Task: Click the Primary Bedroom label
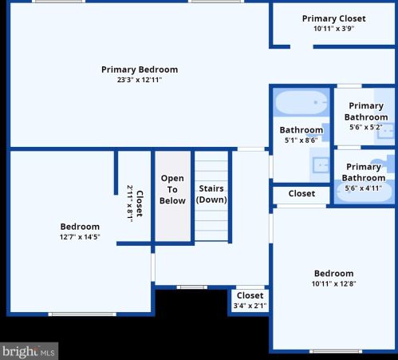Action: [140, 69]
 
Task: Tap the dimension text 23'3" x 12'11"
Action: [140, 80]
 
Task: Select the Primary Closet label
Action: [334, 18]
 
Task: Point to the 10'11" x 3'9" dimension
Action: [334, 29]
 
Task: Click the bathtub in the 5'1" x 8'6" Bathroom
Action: [301, 103]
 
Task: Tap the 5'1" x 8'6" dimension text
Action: [301, 140]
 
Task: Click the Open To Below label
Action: [172, 189]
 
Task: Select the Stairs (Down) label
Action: [211, 194]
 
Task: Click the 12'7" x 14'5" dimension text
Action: [80, 237]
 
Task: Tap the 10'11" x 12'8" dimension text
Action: [334, 283]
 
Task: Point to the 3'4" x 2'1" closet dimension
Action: [250, 306]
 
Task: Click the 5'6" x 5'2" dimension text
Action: [366, 127]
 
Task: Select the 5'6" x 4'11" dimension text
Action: [364, 188]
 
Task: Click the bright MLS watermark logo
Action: [29, 351]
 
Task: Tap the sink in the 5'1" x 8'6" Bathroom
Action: [321, 165]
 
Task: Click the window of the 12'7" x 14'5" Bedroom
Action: [82, 315]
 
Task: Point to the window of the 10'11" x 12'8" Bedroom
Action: [336, 351]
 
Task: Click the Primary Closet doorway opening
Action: [301, 47]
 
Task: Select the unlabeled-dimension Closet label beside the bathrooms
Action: [301, 193]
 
